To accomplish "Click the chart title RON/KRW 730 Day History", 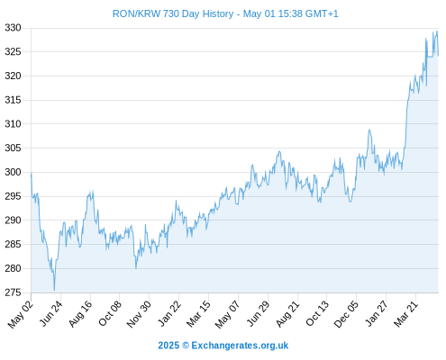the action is [173, 13].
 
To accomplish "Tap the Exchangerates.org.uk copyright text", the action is [223, 346].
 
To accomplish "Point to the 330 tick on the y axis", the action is [13, 28].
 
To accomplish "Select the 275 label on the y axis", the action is [13, 292].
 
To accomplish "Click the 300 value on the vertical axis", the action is [13, 172].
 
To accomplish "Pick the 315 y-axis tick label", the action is [13, 100].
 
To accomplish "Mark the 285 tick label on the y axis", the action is [13, 244].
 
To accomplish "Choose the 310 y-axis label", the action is [13, 123].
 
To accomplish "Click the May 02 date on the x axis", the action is [21, 314].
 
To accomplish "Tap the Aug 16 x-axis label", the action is [80, 313].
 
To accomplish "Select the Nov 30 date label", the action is [139, 314].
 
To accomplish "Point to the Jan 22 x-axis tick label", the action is [169, 313].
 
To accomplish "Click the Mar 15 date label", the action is [198, 314].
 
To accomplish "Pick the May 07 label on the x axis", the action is [228, 314].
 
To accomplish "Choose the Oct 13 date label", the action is [317, 313].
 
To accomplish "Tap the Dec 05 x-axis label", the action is [346, 314].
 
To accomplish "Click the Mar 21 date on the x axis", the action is [405, 314].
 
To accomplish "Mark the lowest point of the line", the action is [54, 290].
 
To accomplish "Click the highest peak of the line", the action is [437, 31].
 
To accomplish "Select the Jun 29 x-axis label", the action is [258, 313].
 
